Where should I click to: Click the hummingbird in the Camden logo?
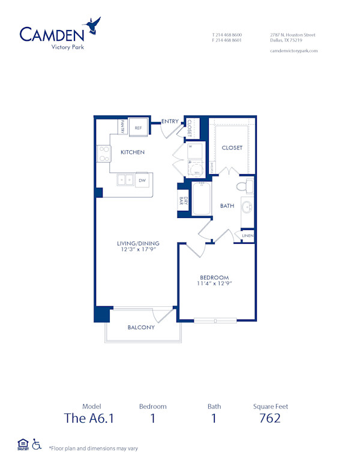click(93, 25)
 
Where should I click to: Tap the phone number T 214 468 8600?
click(227, 35)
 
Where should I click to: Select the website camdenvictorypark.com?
click(294, 51)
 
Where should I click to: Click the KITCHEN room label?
click(132, 153)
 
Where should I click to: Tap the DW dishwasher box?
click(142, 180)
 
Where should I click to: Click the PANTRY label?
click(122, 127)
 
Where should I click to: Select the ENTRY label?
click(170, 121)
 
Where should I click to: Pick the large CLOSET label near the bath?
click(232, 148)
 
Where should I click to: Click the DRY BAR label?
click(182, 202)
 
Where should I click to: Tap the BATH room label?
click(227, 206)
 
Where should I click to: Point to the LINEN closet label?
click(248, 236)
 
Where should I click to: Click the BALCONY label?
click(141, 327)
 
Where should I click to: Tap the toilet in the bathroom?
click(246, 186)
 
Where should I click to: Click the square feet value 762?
click(270, 419)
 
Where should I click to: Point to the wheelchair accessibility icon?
click(37, 444)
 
